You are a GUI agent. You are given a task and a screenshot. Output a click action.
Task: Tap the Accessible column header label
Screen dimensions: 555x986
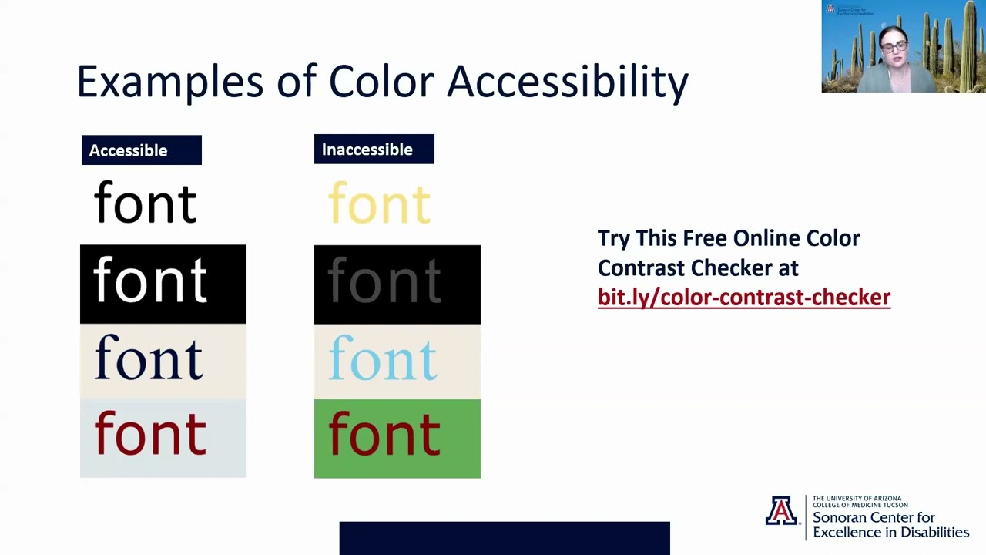129,150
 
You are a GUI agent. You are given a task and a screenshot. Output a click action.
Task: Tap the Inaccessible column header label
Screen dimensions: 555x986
367,150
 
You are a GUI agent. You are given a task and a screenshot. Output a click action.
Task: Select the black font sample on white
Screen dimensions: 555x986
145,203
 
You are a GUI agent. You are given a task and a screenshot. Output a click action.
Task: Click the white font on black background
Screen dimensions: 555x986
150,281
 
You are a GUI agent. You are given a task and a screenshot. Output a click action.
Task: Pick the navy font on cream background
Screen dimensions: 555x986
149,359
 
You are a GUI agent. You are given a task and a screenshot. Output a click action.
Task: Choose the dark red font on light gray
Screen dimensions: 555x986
150,434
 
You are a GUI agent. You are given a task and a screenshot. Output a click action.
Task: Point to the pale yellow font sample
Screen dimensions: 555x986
379,203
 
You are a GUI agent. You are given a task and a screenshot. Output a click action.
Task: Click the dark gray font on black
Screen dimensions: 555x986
384,281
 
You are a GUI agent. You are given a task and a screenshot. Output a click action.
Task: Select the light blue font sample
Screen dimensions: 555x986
383,359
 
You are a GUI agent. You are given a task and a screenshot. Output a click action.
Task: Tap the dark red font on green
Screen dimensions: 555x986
384,434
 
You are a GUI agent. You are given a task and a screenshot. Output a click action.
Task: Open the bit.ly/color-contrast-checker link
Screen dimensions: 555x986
743,298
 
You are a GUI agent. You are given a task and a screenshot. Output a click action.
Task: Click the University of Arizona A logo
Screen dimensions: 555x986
781,511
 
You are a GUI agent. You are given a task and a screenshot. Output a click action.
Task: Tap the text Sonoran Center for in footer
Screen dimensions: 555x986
874,518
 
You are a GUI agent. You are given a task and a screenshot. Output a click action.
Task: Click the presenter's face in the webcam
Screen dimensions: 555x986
894,46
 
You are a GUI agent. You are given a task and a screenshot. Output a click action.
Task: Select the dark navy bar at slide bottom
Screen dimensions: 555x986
504,538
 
